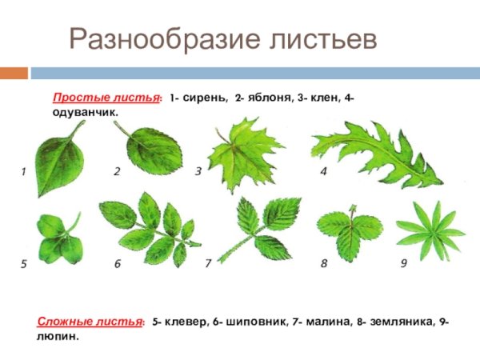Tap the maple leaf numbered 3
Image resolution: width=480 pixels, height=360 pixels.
[243, 152]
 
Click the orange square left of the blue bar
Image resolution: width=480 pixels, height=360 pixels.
[13, 74]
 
